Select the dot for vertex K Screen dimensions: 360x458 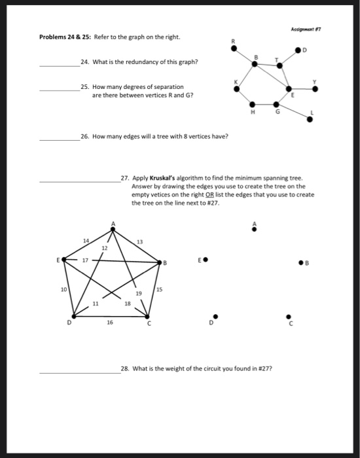tap(237, 88)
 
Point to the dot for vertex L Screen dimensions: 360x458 tap(310, 118)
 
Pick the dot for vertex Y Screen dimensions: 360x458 tap(315, 89)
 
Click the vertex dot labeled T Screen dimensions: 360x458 tap(279, 65)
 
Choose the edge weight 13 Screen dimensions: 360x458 tap(139, 243)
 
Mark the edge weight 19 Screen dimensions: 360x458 tap(139, 294)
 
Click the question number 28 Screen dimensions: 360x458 tap(126, 369)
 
